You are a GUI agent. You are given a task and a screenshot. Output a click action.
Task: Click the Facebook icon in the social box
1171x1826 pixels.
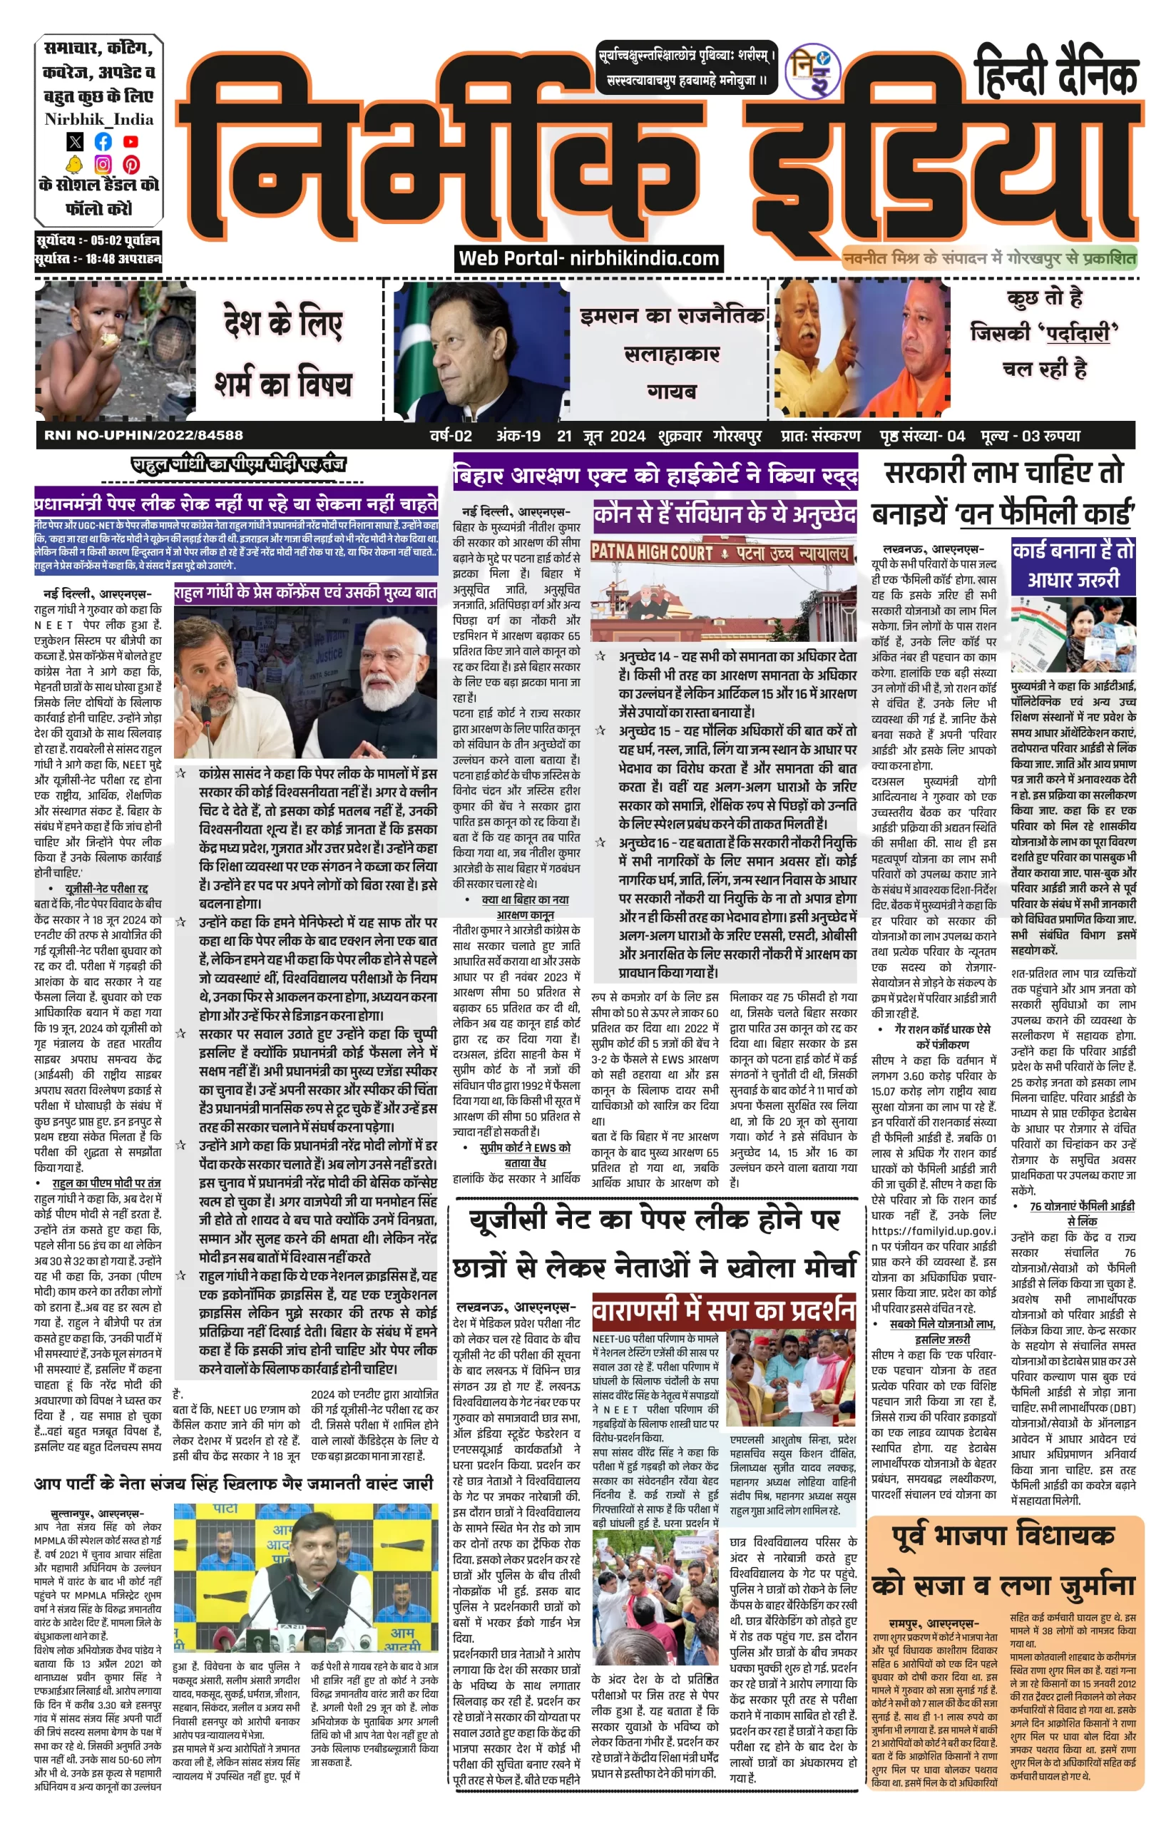pos(103,141)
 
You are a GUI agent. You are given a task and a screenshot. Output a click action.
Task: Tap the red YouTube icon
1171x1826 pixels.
pos(131,141)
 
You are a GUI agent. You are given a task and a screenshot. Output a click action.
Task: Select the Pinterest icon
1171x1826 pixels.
pos(131,163)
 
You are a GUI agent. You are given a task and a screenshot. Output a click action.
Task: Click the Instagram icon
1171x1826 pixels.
pos(103,163)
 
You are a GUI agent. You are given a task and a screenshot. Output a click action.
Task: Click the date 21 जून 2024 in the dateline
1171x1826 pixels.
pos(600,436)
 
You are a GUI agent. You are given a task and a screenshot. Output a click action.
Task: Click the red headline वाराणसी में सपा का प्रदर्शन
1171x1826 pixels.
pos(723,1310)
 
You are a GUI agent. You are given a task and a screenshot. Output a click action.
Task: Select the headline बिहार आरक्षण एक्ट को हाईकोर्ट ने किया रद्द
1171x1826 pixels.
pos(655,476)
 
